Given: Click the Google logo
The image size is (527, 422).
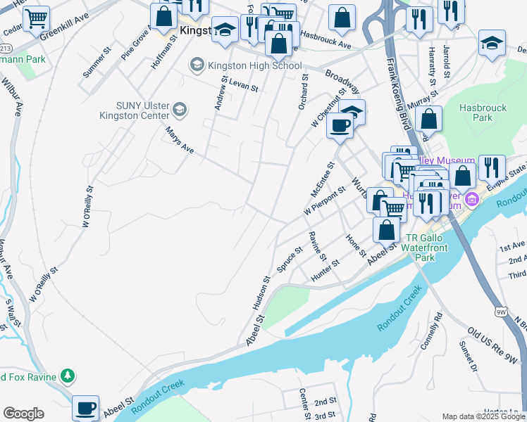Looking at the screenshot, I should pyautogui.click(x=23, y=414).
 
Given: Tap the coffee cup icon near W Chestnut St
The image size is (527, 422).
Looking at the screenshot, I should pyautogui.click(x=340, y=127).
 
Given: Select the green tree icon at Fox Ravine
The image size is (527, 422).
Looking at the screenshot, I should pyautogui.click(x=67, y=376).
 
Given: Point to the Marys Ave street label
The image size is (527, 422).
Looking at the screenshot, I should pyautogui.click(x=179, y=140).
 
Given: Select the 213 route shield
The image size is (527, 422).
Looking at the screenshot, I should pyautogui.click(x=5, y=48).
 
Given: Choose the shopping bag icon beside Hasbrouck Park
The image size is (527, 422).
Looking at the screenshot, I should pyautogui.click(x=428, y=120).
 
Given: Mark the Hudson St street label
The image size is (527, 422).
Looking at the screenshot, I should pyautogui.click(x=261, y=294).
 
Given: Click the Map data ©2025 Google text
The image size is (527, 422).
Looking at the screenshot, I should pyautogui.click(x=483, y=416).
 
